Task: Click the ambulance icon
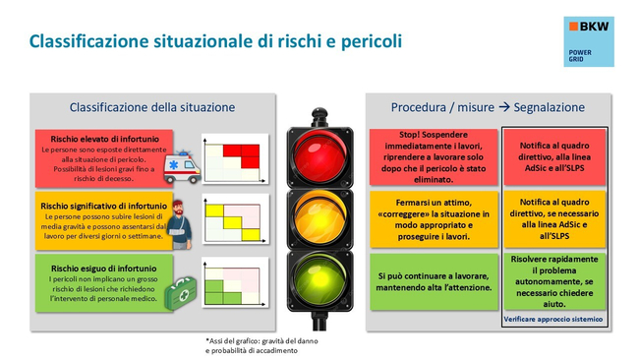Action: coord(182,164)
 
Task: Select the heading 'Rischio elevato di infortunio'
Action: coord(94,139)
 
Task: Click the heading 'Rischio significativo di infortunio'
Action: coord(104,206)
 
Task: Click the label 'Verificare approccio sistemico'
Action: coord(555,320)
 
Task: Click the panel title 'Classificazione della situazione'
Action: coord(151,106)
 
